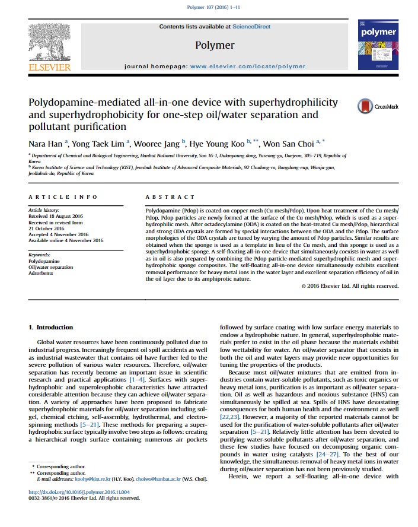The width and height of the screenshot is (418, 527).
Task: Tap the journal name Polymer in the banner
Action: pyautogui.click(x=214, y=45)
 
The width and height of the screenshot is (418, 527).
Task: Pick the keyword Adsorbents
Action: pyautogui.click(x=42, y=274)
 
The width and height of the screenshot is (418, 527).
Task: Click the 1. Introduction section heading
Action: pyautogui.click(x=51, y=328)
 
